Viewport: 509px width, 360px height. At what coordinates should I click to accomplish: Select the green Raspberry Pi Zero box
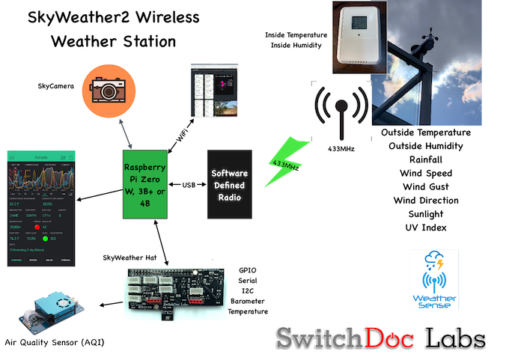click(145, 184)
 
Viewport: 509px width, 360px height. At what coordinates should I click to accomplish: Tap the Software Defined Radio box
click(229, 184)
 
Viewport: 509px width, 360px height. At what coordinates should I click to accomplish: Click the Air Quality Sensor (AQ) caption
click(52, 342)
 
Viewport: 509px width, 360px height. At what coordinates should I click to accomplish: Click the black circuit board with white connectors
click(175, 288)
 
